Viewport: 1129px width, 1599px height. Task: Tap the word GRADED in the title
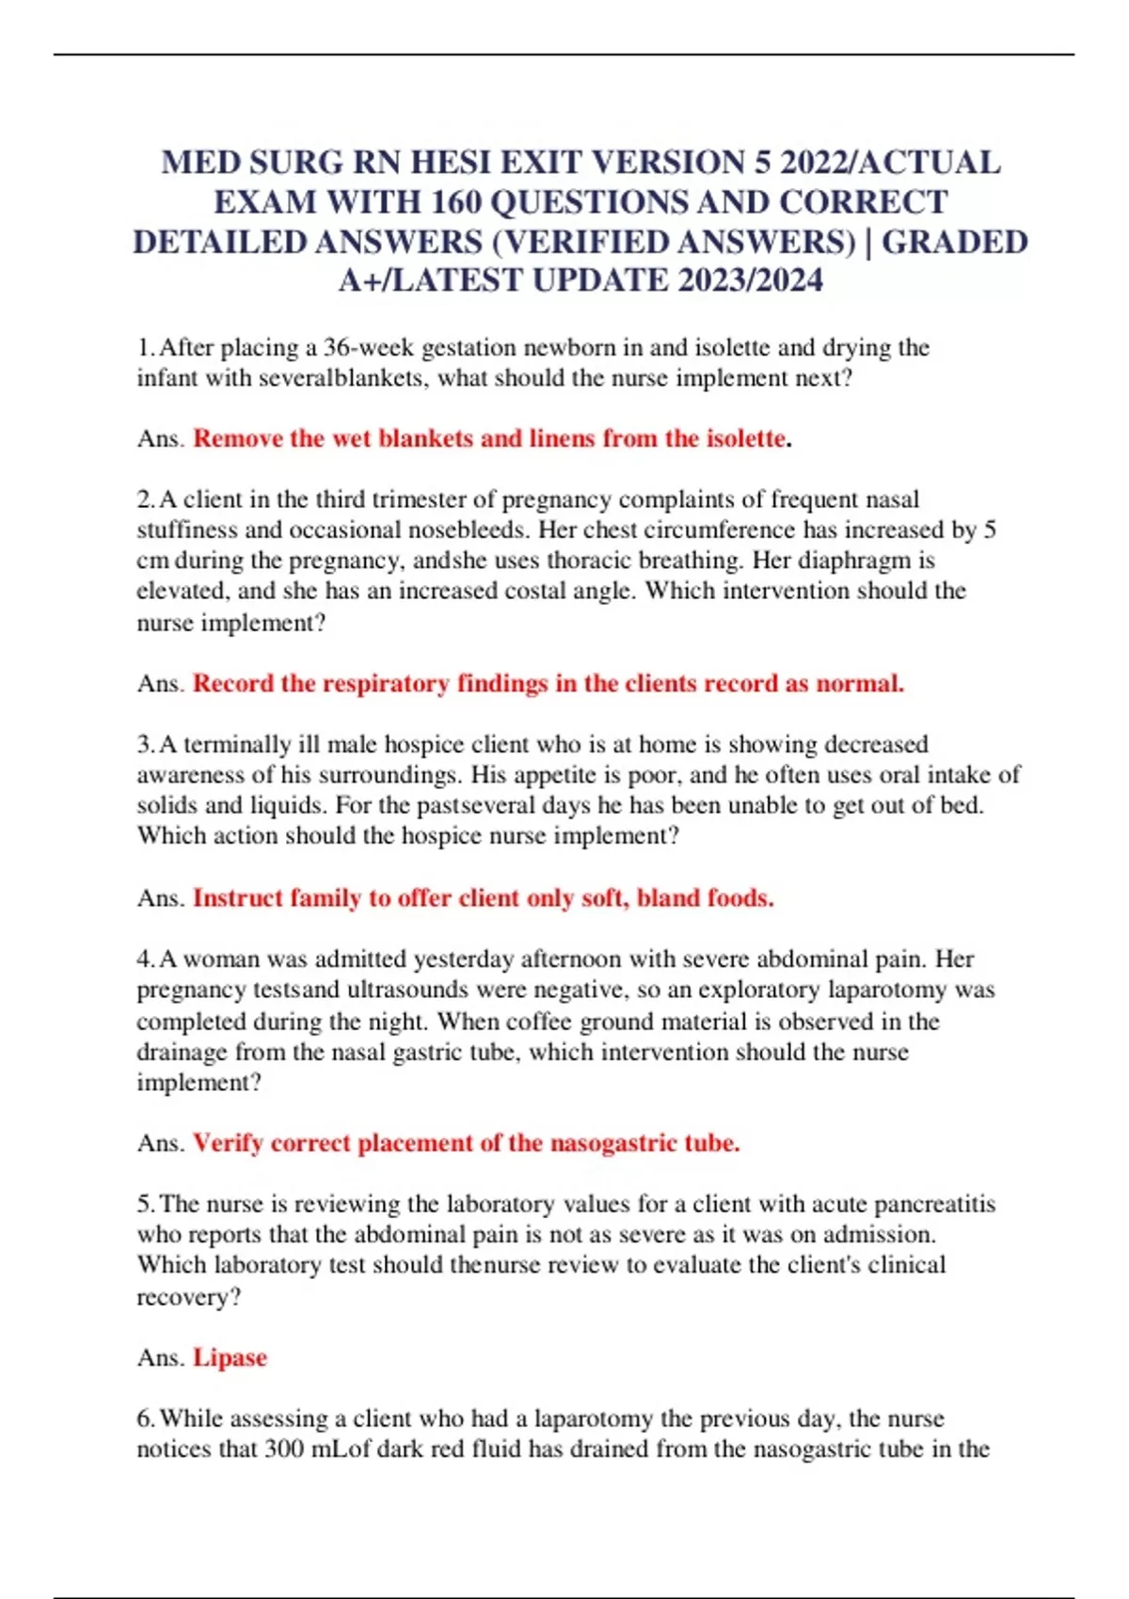(x=954, y=242)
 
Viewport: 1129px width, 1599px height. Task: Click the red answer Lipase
(x=231, y=1358)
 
